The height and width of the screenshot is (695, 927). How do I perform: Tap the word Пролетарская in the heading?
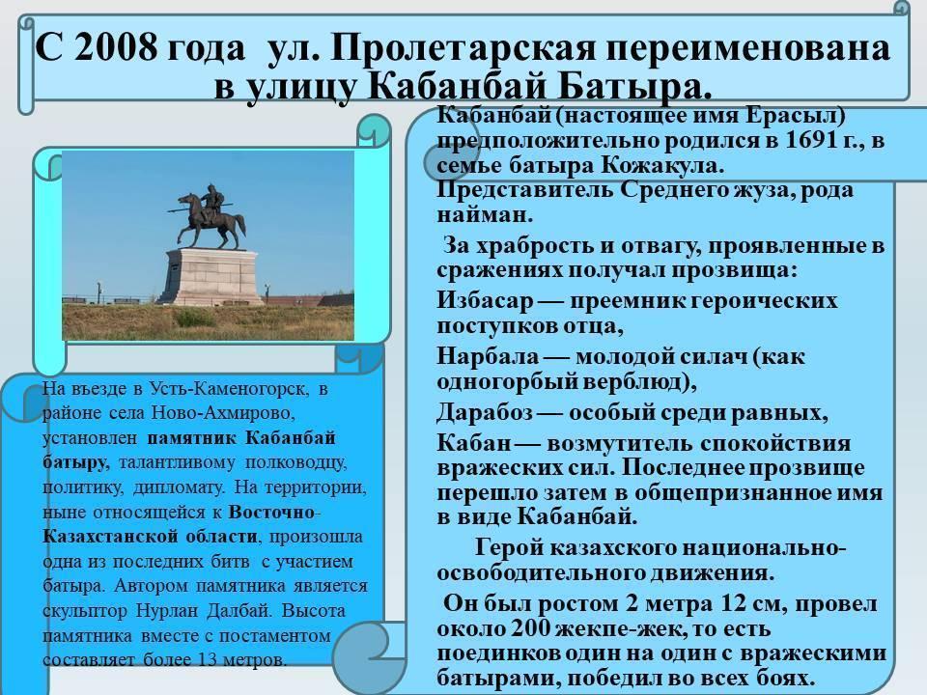(463, 48)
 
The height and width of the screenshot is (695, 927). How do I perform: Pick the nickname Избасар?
(485, 301)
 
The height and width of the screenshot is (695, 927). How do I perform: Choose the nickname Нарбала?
(488, 356)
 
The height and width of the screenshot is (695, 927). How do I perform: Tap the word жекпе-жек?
(610, 628)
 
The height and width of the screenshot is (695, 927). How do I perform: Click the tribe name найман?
(485, 214)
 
